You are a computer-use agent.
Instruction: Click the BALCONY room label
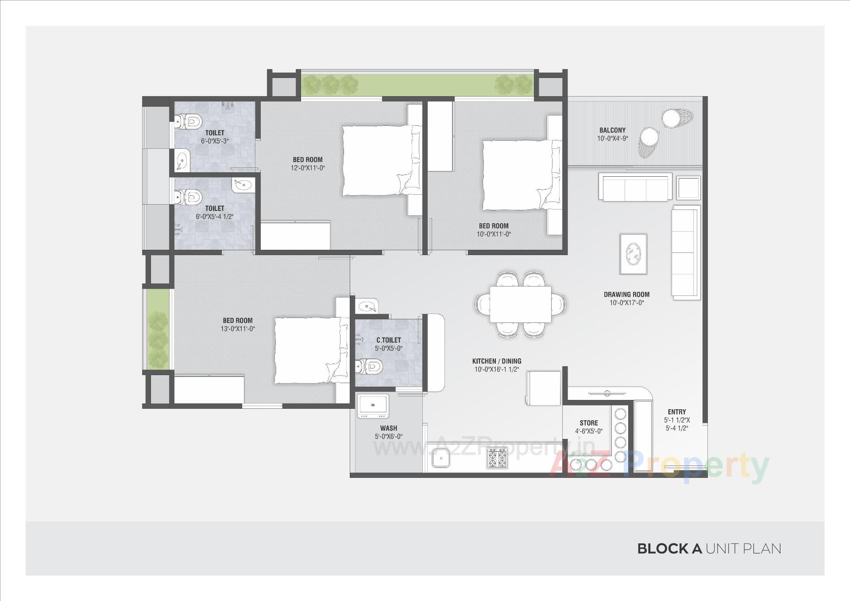pyautogui.click(x=612, y=130)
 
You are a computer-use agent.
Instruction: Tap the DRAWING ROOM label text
pyautogui.click(x=626, y=295)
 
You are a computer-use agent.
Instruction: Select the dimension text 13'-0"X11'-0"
pyautogui.click(x=238, y=329)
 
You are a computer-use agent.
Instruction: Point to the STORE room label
pyautogui.click(x=588, y=423)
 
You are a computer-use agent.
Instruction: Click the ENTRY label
pyautogui.click(x=676, y=412)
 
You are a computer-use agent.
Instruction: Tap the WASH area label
pyautogui.click(x=388, y=428)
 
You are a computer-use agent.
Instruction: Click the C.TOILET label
pyautogui.click(x=388, y=340)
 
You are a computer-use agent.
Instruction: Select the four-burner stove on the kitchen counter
pyautogui.click(x=497, y=458)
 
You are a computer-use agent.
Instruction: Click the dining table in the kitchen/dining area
pyautogui.click(x=520, y=304)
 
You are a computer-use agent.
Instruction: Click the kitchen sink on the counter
pyautogui.click(x=440, y=458)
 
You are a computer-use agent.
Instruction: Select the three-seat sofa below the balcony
pyautogui.click(x=635, y=187)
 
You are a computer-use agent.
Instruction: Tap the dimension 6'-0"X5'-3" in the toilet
pyautogui.click(x=215, y=141)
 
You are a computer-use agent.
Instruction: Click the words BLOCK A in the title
pyautogui.click(x=669, y=549)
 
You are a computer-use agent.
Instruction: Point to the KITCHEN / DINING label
pyautogui.click(x=496, y=361)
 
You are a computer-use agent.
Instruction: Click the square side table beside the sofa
pyautogui.click(x=688, y=188)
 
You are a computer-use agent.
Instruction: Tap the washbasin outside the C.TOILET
pyautogui.click(x=367, y=306)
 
